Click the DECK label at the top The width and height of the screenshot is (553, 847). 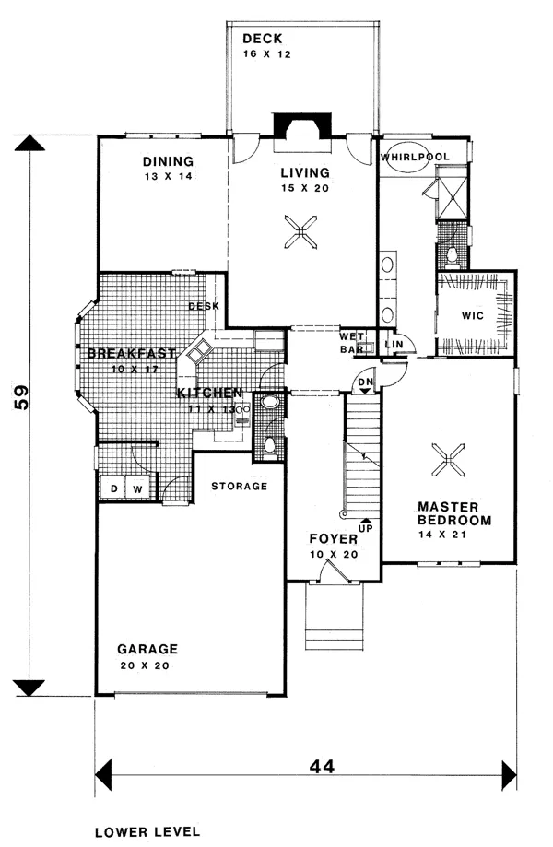(x=263, y=39)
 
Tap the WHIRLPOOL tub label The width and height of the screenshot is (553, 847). (x=414, y=157)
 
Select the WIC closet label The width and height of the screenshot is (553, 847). (x=472, y=314)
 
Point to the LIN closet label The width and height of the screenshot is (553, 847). (x=394, y=344)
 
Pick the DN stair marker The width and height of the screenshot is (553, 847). (x=365, y=382)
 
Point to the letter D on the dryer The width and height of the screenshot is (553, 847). (x=114, y=488)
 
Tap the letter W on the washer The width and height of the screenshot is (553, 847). (x=136, y=488)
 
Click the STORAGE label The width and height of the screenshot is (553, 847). (x=239, y=486)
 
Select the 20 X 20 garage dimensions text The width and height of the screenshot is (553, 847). (x=143, y=665)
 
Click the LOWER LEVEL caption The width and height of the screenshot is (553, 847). (x=147, y=830)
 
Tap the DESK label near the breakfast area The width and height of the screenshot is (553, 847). (x=202, y=307)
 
